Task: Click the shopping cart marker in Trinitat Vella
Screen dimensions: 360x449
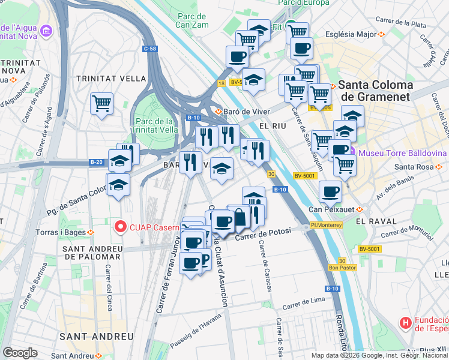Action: pos(101,103)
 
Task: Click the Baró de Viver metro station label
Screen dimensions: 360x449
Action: pos(238,111)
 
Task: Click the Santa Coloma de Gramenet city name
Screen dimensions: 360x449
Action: pos(375,91)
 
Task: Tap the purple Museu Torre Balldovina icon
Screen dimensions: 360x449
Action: pos(354,152)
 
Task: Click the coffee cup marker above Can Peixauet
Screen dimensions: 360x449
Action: pos(330,192)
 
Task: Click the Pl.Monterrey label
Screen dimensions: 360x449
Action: pos(326,225)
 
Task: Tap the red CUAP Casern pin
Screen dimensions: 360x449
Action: pos(120,226)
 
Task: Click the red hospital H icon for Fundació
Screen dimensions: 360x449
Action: pos(406,323)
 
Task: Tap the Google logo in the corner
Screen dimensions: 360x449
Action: pos(20,352)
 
